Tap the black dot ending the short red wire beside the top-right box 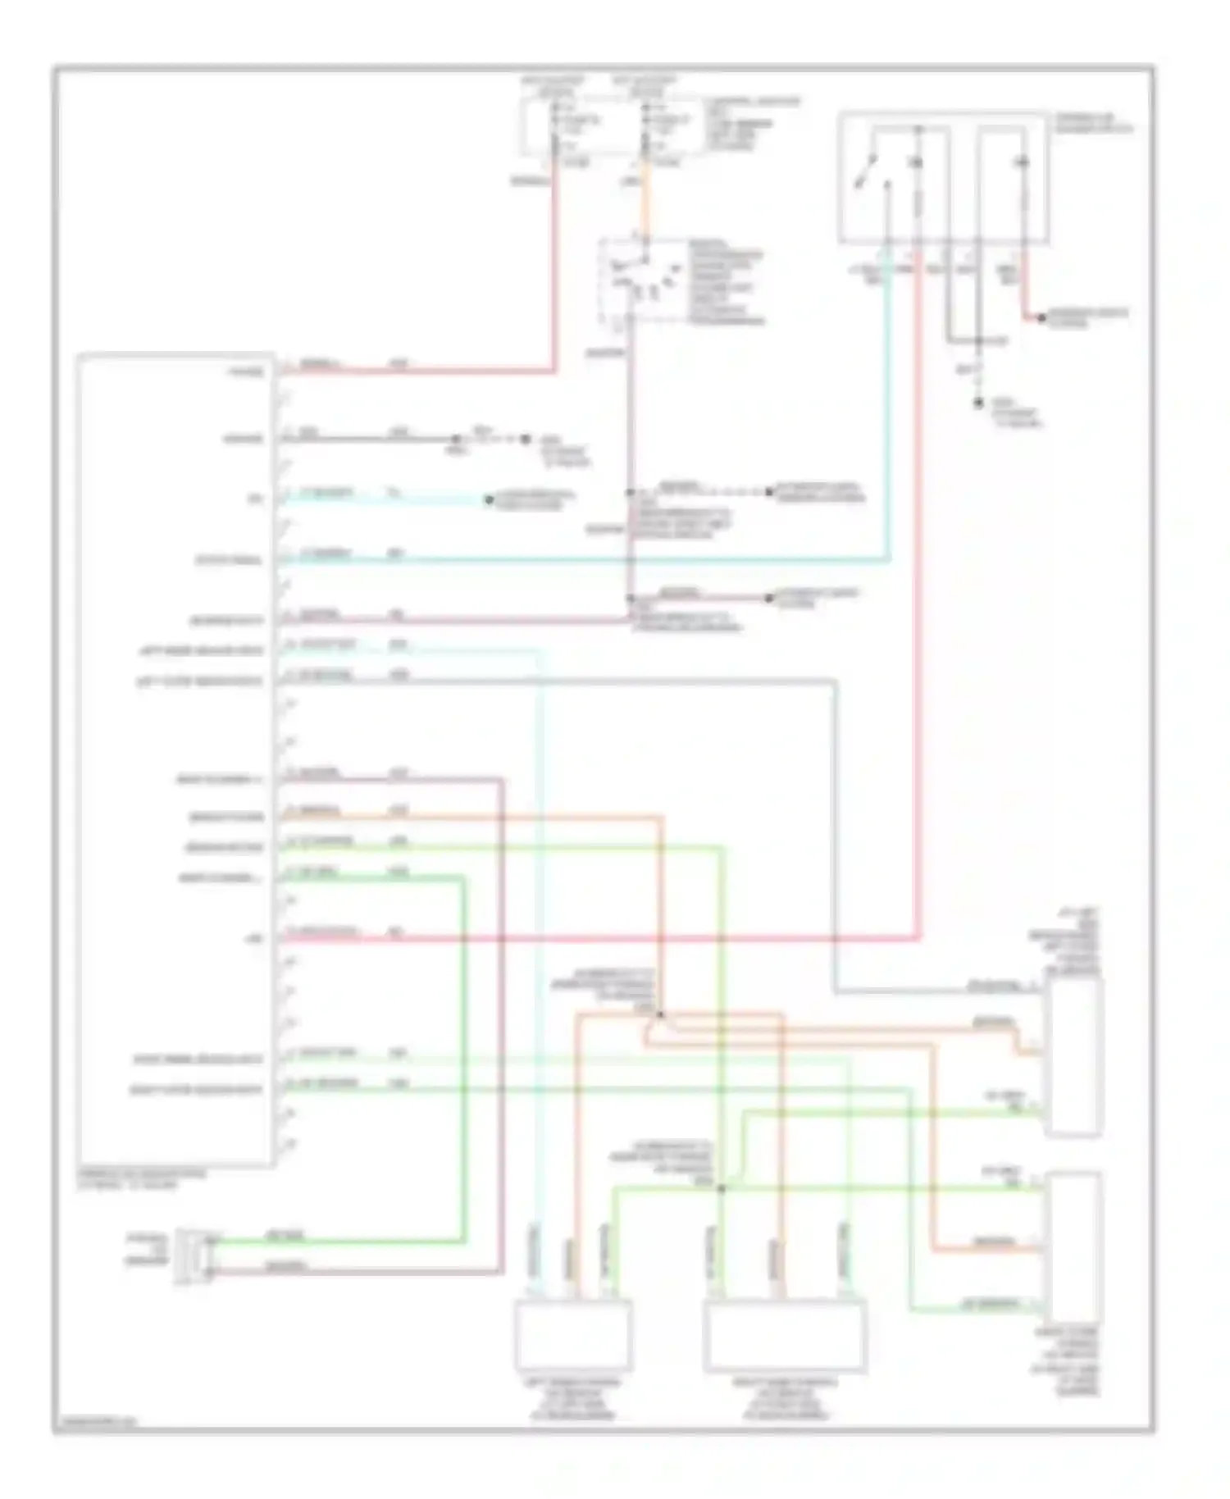[x=1041, y=317]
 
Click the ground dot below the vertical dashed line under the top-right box [x=978, y=403]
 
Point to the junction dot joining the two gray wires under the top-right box [x=978, y=340]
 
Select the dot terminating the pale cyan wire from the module [x=489, y=499]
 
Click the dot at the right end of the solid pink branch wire [x=769, y=599]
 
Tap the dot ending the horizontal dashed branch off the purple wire [x=769, y=492]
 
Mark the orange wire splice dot [x=661, y=1015]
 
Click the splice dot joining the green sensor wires [x=722, y=1188]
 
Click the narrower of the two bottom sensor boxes [x=572, y=1334]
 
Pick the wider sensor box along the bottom [x=786, y=1334]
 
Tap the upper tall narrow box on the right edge [x=1073, y=1058]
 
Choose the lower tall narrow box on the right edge [x=1073, y=1243]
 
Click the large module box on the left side [x=174, y=759]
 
